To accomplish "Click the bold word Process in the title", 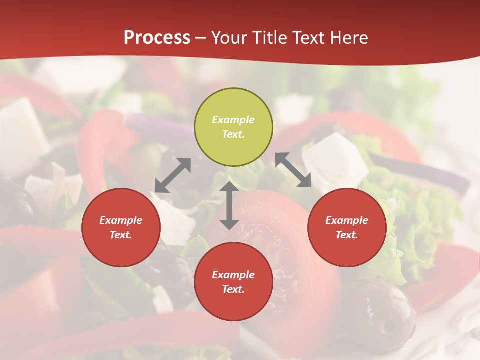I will (x=157, y=37).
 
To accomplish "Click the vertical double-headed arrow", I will (x=229, y=206).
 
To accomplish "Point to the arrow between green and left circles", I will (x=173, y=175).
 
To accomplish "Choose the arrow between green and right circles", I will (x=293, y=170).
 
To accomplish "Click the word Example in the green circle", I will (x=233, y=120).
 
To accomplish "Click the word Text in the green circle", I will (x=233, y=134).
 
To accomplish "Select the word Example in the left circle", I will (x=121, y=220).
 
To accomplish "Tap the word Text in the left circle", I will (x=121, y=235).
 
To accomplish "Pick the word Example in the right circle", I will (x=347, y=220).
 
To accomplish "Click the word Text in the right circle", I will (x=347, y=235).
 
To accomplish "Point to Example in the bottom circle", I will (x=233, y=275).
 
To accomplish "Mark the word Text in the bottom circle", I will (x=233, y=289).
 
